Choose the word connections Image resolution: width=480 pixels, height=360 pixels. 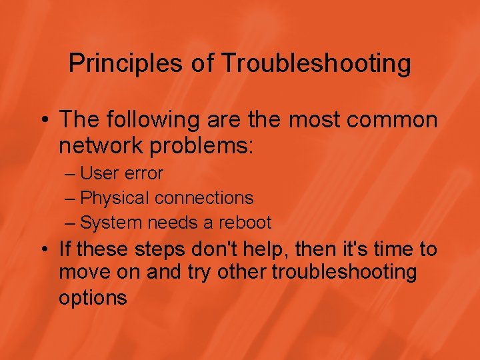tap(204, 198)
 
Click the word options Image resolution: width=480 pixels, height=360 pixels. tap(93, 297)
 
